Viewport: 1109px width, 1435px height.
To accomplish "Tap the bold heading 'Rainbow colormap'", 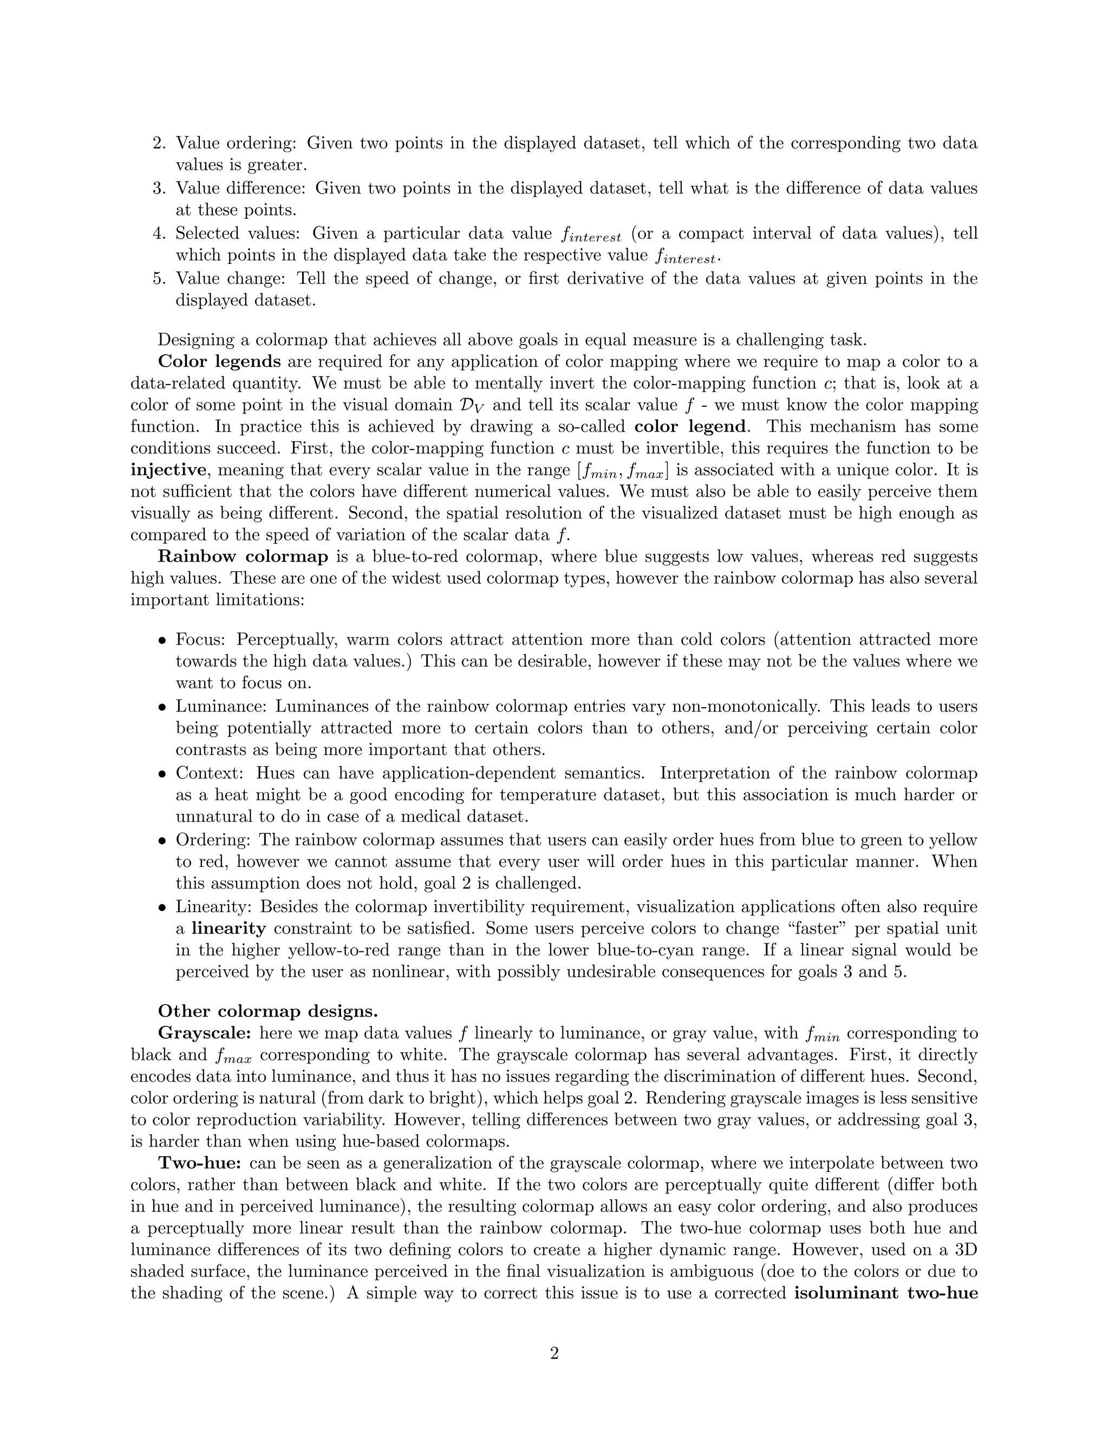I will pos(243,557).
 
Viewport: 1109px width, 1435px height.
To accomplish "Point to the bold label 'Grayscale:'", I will pos(204,1033).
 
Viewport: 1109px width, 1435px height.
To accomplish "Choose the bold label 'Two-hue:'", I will pos(200,1163).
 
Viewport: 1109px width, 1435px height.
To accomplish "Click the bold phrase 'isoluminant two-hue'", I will pos(885,1293).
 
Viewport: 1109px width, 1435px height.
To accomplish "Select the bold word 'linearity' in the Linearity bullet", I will pos(229,928).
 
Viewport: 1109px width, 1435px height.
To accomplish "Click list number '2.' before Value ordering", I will pos(160,143).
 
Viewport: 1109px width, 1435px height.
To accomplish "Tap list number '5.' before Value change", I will pos(160,278).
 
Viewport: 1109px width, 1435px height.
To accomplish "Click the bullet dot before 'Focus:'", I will pos(161,641).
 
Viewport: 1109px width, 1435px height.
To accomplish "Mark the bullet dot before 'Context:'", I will pos(161,774).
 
